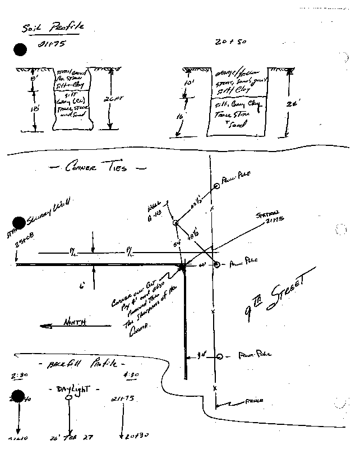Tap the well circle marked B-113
(x=176, y=223)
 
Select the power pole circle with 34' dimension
(x=220, y=356)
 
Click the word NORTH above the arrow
(x=73, y=323)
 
